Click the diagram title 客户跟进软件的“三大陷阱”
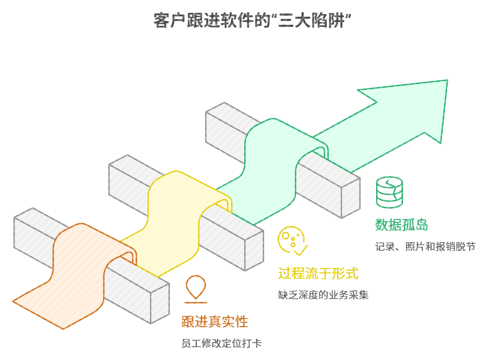coord(251,21)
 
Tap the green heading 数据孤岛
coord(401,225)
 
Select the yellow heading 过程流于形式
coord(318,273)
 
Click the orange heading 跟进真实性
coord(215,322)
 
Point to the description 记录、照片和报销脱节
coord(425,247)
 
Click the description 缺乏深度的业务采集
coord(323,295)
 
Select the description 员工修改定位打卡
coord(222,344)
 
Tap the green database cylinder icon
coord(390,192)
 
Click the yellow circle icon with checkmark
coord(292,241)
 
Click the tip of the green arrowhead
coord(447,81)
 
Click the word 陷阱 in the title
coord(328,21)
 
